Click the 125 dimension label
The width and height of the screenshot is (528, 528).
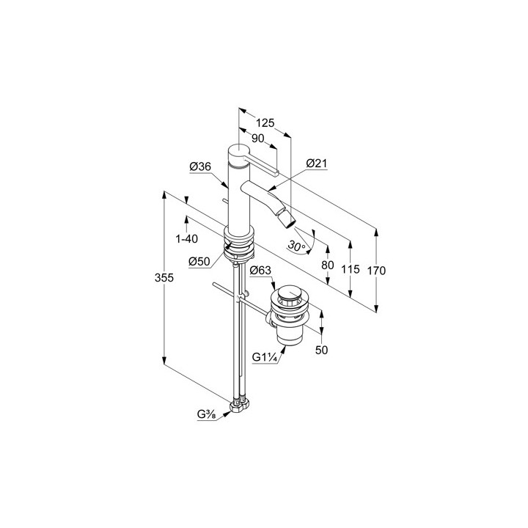(265, 123)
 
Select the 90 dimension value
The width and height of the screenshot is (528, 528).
(258, 139)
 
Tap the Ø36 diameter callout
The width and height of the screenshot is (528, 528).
(200, 166)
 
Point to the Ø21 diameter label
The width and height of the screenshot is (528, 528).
(317, 164)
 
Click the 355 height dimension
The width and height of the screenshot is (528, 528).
(164, 278)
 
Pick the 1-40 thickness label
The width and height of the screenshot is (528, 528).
(187, 239)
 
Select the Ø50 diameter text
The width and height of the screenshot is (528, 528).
(199, 261)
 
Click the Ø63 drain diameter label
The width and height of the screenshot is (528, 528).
(260, 270)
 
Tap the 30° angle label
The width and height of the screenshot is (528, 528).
(296, 246)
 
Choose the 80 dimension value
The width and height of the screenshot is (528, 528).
(328, 265)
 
